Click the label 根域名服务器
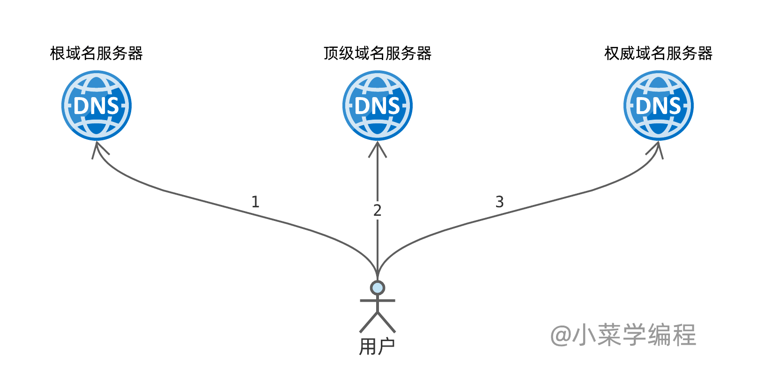click(96, 53)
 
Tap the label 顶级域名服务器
click(378, 53)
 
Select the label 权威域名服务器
click(658, 53)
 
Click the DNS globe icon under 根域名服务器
click(96, 106)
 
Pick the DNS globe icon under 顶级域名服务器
click(378, 106)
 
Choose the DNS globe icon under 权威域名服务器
click(659, 106)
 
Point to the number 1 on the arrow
click(255, 202)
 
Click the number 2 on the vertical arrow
click(377, 211)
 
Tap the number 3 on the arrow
click(500, 202)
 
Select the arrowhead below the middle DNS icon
click(378, 149)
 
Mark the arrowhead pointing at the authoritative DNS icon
click(655, 150)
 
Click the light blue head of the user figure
click(378, 288)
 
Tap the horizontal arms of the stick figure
click(378, 301)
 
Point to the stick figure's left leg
click(369, 322)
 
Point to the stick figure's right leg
click(386, 322)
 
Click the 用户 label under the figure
click(377, 347)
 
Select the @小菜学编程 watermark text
click(623, 335)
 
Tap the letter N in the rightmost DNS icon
click(659, 106)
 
